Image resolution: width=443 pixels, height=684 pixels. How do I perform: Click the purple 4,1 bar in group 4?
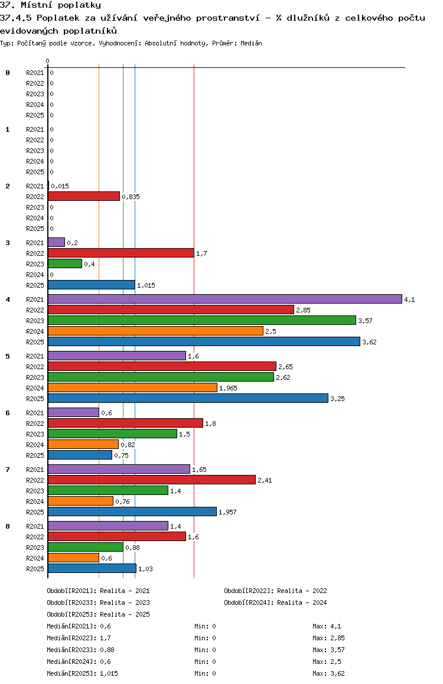pos(224,299)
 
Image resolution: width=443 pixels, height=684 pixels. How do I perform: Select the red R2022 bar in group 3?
pos(120,253)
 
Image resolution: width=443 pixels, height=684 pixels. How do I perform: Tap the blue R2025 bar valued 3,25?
pos(188,398)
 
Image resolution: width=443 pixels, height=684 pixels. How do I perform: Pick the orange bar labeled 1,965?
pos(132,387)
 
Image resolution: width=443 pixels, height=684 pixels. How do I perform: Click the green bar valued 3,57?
pos(202,320)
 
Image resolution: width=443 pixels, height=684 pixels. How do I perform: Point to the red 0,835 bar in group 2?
pos(84,196)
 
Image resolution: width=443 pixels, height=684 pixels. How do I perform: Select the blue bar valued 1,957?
pos(132,512)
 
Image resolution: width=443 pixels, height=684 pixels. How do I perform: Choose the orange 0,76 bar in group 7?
pos(80,501)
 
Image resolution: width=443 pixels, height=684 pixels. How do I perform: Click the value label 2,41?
pos(264,480)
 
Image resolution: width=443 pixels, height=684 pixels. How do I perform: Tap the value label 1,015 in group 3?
pos(145,285)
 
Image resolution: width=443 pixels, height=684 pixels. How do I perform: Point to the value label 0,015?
pos(60,186)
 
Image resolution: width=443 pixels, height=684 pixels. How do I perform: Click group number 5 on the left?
pos(8,356)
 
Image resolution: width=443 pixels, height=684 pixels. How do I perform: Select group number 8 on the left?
pos(8,526)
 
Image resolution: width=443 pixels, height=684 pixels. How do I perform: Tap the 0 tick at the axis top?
pos(48,61)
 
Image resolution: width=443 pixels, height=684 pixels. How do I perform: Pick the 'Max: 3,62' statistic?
pos(328,673)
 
